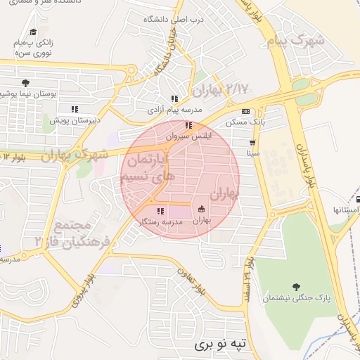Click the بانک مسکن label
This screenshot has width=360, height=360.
coord(245,122)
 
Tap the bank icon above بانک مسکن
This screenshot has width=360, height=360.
coord(245,111)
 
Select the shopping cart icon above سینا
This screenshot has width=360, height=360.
coord(252,142)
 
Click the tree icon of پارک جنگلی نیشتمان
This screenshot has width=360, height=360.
coord(295,286)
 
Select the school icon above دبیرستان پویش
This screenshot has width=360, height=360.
coord(74,109)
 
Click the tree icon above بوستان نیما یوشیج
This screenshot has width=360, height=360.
coord(26,83)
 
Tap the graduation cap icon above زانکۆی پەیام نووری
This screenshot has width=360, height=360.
coord(33,32)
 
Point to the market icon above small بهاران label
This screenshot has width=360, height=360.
coord(202,209)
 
